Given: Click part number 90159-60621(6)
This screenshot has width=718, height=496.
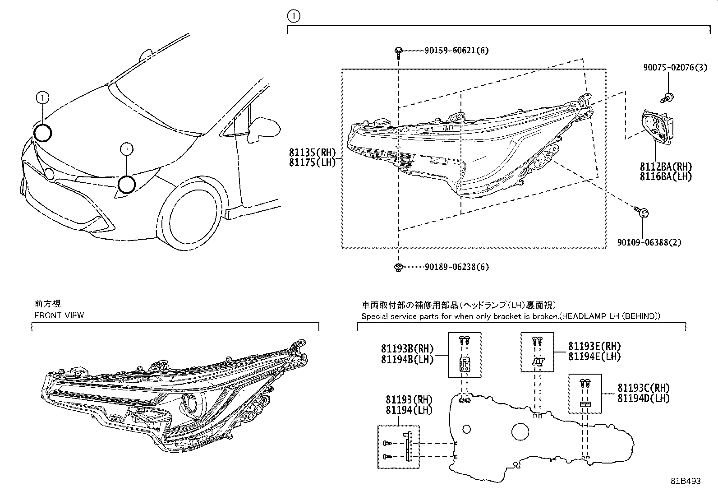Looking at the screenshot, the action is pos(456,51).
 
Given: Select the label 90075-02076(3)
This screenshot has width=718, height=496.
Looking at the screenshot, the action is pos(675,67).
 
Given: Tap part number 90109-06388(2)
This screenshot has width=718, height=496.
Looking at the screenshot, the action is pos(649,242).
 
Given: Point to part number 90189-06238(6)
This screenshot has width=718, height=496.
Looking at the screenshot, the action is pos(457,267).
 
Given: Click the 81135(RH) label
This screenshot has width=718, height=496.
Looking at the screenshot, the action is pos(312,152).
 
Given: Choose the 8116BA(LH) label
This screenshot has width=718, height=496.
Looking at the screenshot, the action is pos(666,176).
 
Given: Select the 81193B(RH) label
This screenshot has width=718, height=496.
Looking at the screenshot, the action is pos(407,348).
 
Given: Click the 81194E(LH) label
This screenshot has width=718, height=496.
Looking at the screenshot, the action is pos(594,357).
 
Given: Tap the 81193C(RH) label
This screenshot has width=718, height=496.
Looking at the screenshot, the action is pos(644,388).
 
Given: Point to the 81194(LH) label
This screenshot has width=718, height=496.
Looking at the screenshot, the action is pos(409,410).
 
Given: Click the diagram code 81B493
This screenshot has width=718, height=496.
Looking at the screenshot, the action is pos(686,481).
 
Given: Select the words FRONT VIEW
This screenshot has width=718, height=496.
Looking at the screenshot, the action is pos(59,315).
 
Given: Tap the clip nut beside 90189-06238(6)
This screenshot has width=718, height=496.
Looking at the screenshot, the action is pos(398,267).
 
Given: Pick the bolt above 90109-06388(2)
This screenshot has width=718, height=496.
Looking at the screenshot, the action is pos(641,211).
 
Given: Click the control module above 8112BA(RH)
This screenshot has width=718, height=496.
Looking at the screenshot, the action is pos(657,127).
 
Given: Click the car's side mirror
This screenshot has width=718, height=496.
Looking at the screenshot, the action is pos(264,129).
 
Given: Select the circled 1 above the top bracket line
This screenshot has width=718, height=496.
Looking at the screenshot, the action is pos(294,16).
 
